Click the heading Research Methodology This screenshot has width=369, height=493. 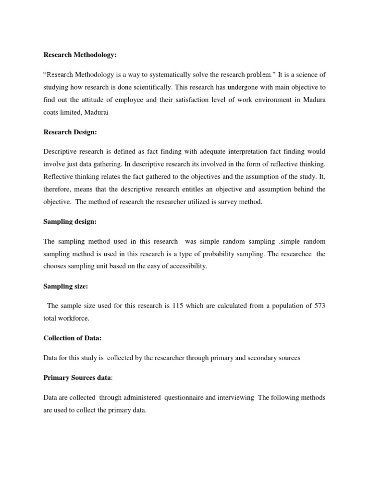(80, 55)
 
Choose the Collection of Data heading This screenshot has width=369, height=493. (72, 338)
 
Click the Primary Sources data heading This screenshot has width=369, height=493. (77, 378)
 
